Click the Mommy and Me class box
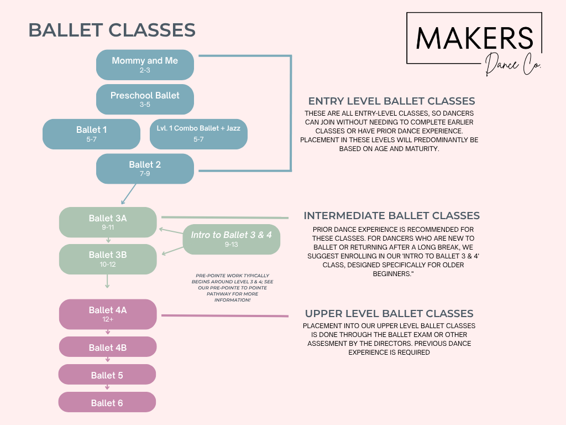coord(145,65)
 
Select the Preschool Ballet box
coord(145,100)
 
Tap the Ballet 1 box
coord(91,134)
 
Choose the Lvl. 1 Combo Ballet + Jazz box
coord(198,134)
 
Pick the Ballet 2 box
coord(145,169)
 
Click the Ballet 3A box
coord(108,222)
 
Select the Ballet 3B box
coord(108,259)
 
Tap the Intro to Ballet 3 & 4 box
coord(232,239)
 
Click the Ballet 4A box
coord(108,314)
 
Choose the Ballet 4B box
coord(108,347)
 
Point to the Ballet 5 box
coord(107,375)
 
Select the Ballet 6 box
coord(107,402)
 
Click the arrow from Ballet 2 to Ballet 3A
coord(129,194)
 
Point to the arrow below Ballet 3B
coord(107,281)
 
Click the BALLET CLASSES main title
coord(112,30)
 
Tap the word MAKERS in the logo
coord(474,38)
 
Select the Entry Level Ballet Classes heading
coord(392,101)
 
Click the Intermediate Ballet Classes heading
coord(392,215)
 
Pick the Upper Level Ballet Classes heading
coord(389,313)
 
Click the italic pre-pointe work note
coord(233,288)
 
